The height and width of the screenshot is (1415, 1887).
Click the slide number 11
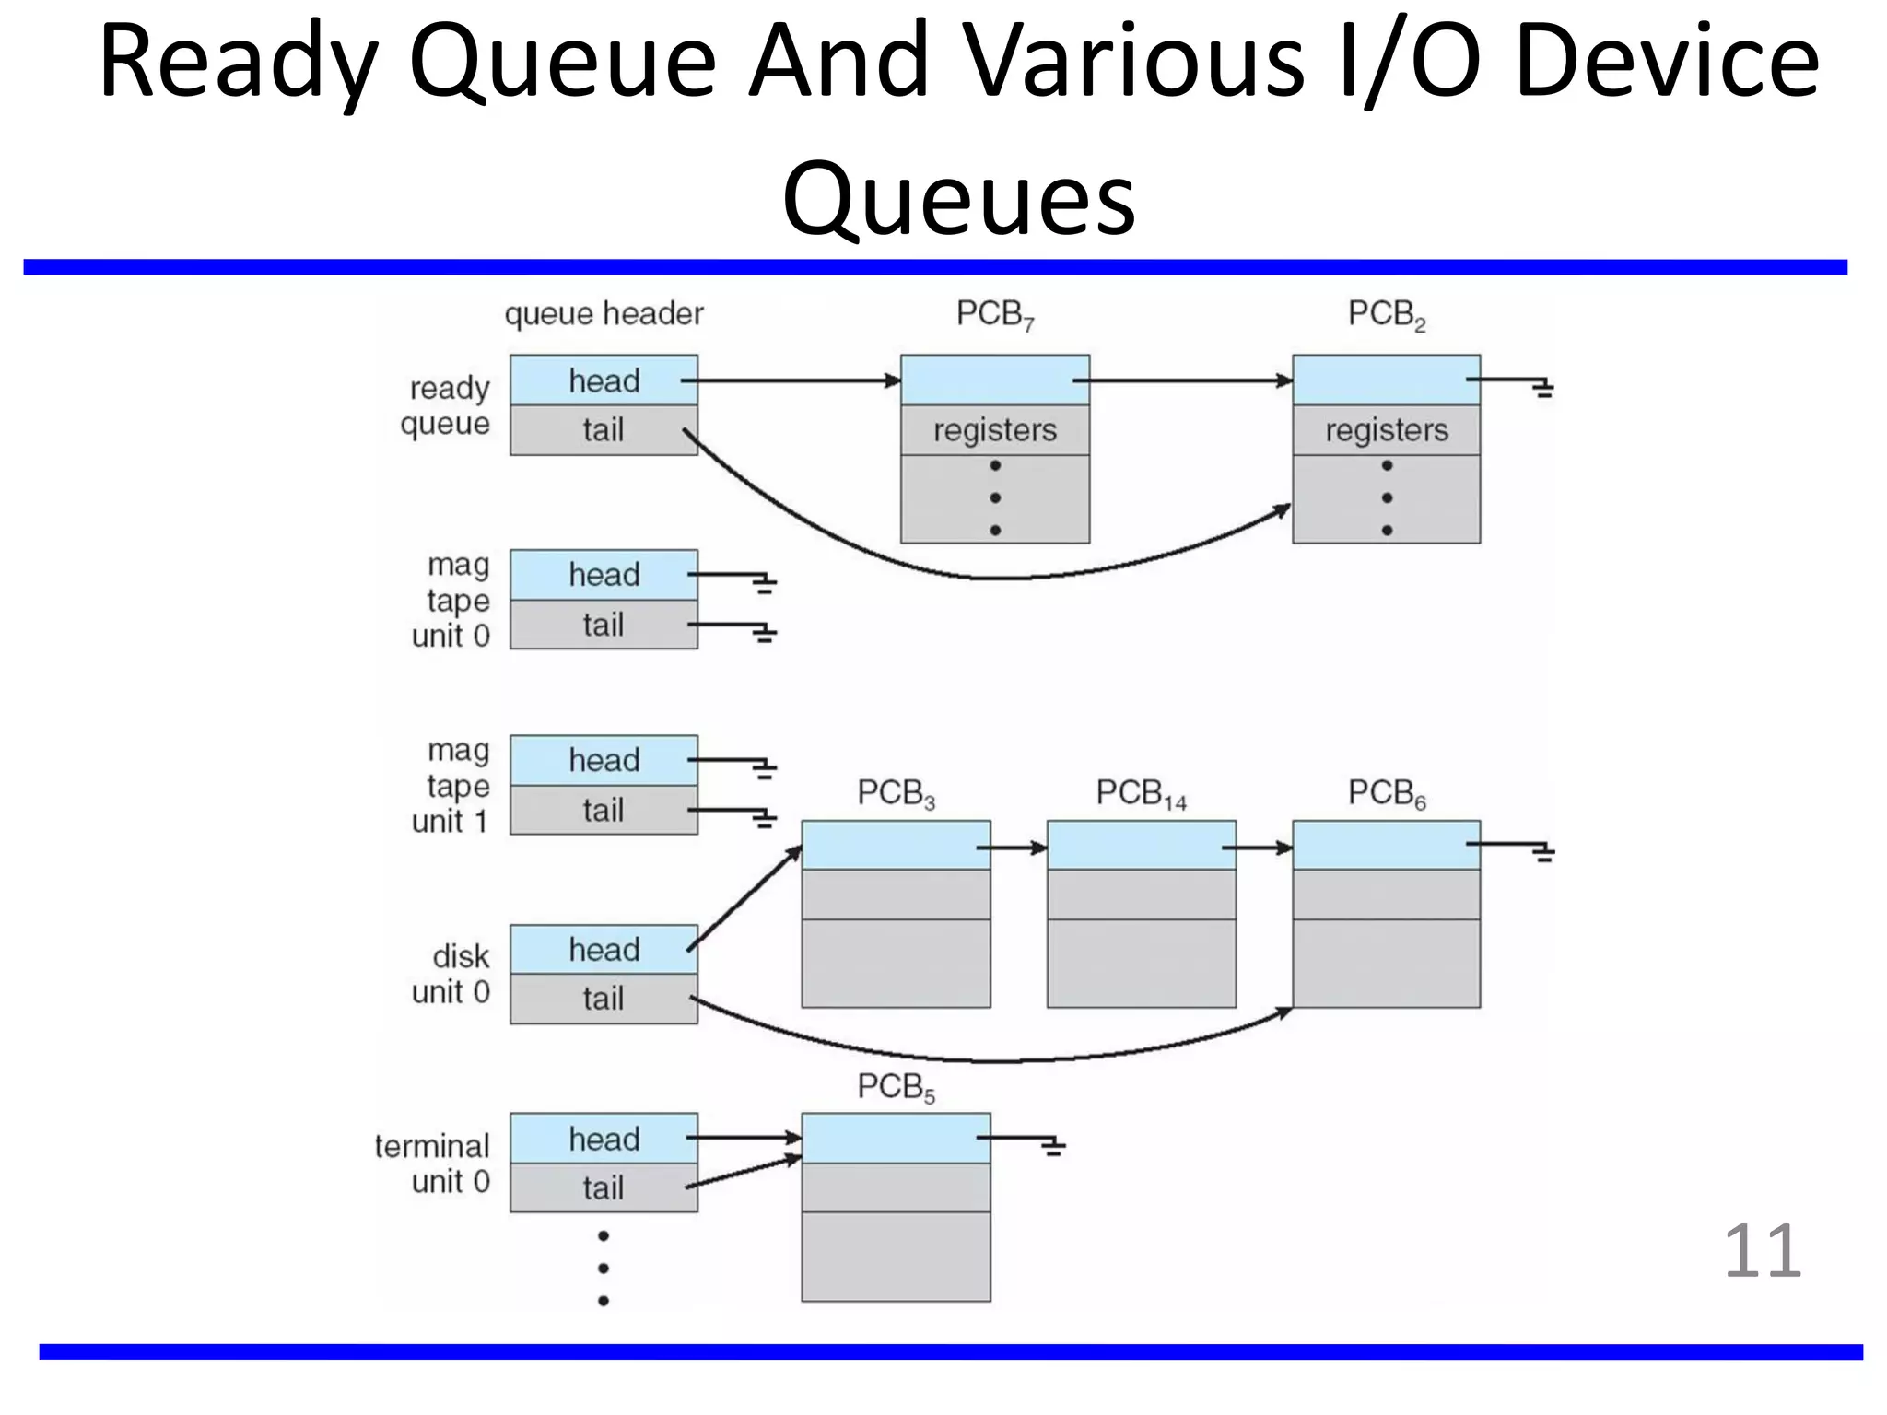pos(1762,1251)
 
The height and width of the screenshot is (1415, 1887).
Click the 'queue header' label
pos(604,314)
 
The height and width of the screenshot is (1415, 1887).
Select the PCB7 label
pos(995,314)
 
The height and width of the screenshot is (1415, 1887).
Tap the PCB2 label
pos(1386,314)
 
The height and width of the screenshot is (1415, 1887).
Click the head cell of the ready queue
pos(604,380)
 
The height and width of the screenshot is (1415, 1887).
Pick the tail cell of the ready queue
pos(604,430)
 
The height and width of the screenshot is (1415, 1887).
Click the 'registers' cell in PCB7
pos(995,430)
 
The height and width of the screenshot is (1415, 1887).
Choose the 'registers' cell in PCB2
pos(1386,430)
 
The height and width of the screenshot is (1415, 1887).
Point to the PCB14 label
pos(1141,793)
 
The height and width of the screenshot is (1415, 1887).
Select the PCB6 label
pos(1386,793)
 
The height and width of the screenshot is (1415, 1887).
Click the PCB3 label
pos(896,793)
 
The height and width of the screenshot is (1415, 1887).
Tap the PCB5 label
pos(896,1087)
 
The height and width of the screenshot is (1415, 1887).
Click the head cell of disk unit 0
pos(604,950)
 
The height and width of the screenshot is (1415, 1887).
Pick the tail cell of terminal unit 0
pos(604,1188)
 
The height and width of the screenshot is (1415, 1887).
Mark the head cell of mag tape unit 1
pos(604,761)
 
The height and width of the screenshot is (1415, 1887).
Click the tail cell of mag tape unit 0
pos(604,626)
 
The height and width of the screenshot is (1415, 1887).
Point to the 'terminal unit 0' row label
pos(432,1164)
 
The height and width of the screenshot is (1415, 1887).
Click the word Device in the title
pos(1666,63)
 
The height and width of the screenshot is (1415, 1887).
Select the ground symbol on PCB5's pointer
pos(1053,1147)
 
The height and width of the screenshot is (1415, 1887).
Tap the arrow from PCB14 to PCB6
pos(1264,848)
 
